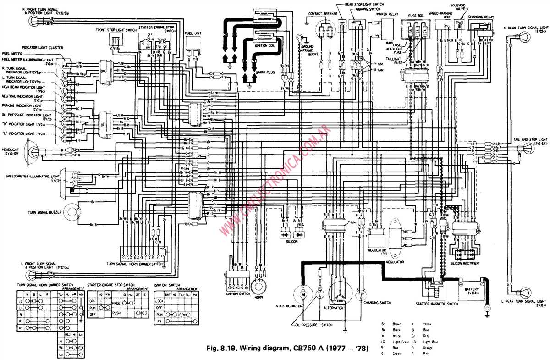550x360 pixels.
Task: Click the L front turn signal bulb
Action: [30, 275]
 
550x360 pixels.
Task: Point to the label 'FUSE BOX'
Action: [415, 15]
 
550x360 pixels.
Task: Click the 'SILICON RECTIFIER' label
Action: [464, 264]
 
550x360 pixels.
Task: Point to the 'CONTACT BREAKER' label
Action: [323, 14]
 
